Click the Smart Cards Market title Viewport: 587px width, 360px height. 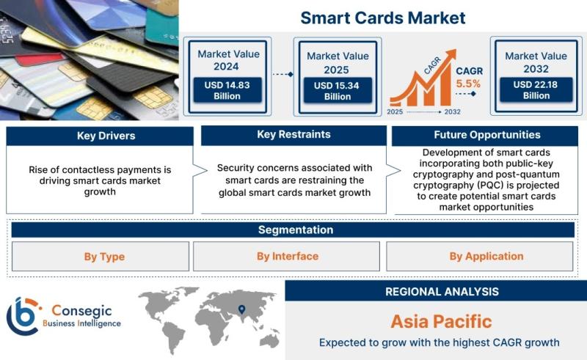382,18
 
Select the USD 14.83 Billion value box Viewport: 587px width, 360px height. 227,90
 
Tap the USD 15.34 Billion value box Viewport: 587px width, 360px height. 338,91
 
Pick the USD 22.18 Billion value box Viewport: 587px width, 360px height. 536,89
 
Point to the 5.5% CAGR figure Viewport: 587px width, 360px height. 468,84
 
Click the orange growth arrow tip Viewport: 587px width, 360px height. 455,51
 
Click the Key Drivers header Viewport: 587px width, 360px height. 100,136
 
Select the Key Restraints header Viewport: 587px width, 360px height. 294,135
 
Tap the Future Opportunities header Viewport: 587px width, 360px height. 485,135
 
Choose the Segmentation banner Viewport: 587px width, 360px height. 293,229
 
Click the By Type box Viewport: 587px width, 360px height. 101,257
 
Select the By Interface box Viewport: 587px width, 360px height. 286,257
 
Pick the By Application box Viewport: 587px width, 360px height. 480,257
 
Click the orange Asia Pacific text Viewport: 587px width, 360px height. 442,321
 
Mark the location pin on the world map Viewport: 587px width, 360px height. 242,309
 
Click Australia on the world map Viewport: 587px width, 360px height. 270,340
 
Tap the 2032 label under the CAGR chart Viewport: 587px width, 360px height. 452,112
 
